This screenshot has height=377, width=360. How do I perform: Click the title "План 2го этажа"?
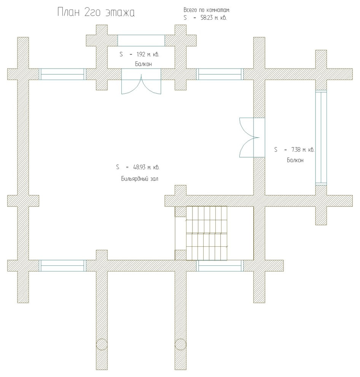96,12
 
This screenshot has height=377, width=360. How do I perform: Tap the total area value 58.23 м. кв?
213,18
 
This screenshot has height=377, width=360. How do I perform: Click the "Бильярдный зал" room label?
140,179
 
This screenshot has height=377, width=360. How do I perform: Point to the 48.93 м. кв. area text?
146,167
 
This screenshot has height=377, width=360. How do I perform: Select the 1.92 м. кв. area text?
148,54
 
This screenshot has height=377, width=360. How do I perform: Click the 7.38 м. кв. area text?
303,150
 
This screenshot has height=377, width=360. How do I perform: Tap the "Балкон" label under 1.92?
143,64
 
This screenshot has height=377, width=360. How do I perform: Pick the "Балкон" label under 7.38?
295,160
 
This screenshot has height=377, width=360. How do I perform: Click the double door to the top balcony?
141,81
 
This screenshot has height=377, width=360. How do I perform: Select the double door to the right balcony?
252,137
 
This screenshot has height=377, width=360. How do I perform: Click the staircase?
206,233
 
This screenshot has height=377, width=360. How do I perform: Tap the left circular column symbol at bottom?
102,345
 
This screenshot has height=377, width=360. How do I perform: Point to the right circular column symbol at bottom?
180,345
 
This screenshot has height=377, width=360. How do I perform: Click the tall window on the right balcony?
321,137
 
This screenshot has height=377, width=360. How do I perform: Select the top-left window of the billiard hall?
62,74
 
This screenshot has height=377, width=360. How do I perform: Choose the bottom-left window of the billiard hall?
62,266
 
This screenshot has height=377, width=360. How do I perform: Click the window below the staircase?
220,266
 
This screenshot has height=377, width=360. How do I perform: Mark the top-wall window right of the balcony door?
220,74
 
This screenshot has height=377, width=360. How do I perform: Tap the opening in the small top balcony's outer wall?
141,40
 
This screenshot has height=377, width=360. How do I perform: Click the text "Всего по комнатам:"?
206,10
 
